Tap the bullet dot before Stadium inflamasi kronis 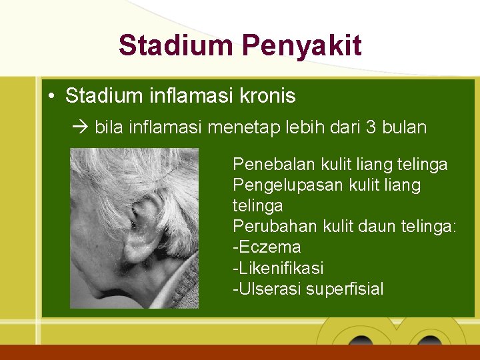coord(51,97)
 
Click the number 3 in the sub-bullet coord(371,127)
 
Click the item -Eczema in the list coord(267,247)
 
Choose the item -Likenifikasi coord(278,268)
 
